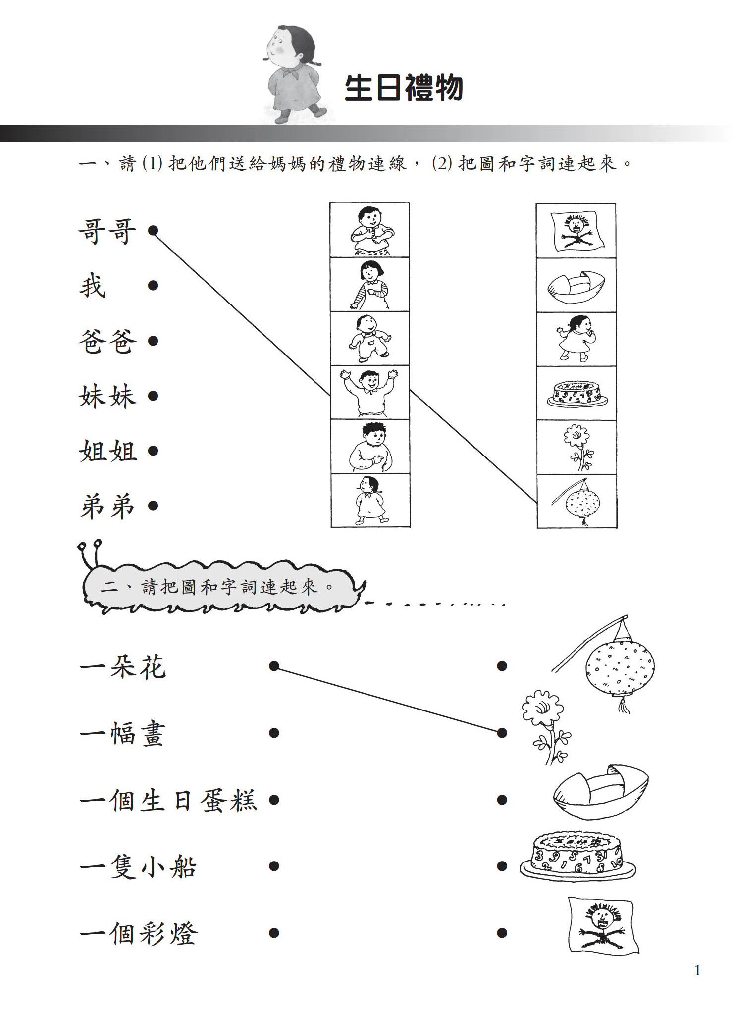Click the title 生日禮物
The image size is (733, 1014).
click(x=404, y=88)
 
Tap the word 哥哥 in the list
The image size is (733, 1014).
click(x=107, y=231)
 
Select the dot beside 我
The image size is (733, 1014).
click(x=153, y=286)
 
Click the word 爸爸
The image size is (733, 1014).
click(x=107, y=341)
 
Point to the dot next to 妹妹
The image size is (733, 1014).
click(x=153, y=396)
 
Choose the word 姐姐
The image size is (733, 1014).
click(x=107, y=451)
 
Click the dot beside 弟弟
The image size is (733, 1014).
click(x=153, y=506)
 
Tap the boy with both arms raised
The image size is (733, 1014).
click(x=369, y=393)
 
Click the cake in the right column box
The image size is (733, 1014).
click(x=577, y=394)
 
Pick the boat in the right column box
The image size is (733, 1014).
click(x=576, y=287)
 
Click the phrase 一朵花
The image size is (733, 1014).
click(x=123, y=666)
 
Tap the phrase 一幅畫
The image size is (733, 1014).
click(x=122, y=733)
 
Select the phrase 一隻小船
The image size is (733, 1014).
click(x=138, y=866)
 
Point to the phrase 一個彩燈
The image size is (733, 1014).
click(x=139, y=933)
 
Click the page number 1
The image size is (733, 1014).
click(x=697, y=970)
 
